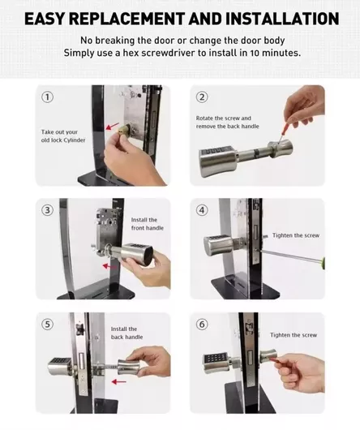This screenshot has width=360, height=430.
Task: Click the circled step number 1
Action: pyautogui.click(x=47, y=97)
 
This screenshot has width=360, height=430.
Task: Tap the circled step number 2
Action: pyautogui.click(x=202, y=97)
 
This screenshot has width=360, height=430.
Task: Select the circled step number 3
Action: pyautogui.click(x=47, y=210)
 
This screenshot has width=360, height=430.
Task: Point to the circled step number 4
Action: pyautogui.click(x=202, y=210)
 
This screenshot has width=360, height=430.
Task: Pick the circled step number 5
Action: pyautogui.click(x=47, y=325)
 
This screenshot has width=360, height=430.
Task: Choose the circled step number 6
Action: pyautogui.click(x=202, y=325)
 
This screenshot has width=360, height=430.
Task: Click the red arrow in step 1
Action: pyautogui.click(x=113, y=126)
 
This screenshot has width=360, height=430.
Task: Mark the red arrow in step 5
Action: pyautogui.click(x=119, y=381)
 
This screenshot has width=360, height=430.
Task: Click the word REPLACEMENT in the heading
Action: pyautogui.click(x=126, y=19)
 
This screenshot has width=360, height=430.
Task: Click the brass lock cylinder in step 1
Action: pyautogui.click(x=124, y=130)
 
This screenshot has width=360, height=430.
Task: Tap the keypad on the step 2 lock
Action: pyautogui.click(x=216, y=152)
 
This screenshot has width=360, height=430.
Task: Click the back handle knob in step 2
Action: pyautogui.click(x=281, y=150)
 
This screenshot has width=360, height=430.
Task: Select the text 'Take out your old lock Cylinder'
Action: pyautogui.click(x=63, y=136)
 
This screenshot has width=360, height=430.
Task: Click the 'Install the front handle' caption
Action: pyautogui.click(x=147, y=224)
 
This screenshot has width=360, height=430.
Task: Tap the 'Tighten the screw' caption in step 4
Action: pyautogui.click(x=296, y=235)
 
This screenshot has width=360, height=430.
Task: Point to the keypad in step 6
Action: pyautogui.click(x=216, y=358)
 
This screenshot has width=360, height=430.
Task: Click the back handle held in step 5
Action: pyautogui.click(x=131, y=367)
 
